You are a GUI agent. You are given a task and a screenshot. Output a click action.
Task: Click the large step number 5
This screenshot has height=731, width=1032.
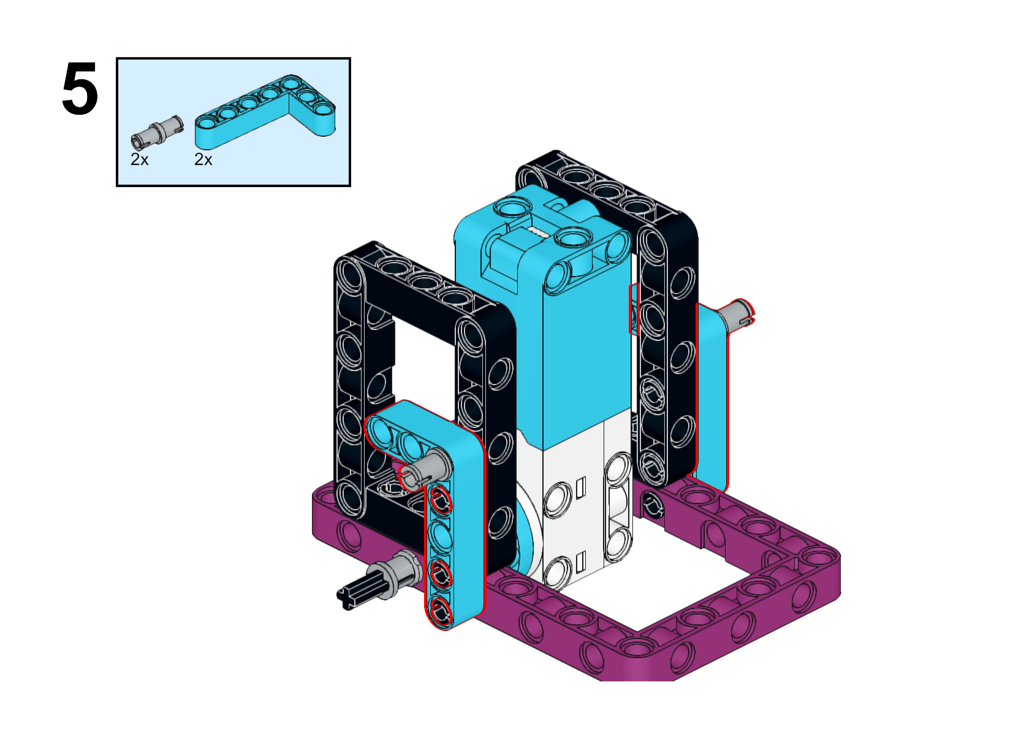(80, 90)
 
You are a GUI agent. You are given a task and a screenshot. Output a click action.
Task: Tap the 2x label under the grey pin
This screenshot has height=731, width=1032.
(140, 159)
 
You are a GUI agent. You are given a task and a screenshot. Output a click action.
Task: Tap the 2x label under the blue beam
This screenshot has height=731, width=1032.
(203, 159)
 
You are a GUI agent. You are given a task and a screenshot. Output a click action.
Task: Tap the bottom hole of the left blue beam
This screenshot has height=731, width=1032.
(440, 610)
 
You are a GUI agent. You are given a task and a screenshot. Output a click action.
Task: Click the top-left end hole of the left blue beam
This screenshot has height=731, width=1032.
(381, 431)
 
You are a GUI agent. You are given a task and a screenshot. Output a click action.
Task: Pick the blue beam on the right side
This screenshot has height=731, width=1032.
(711, 392)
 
